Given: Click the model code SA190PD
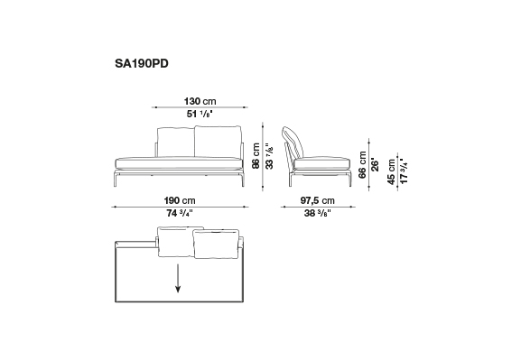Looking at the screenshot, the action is coord(142,63).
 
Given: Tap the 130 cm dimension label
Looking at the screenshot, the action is coord(200,101).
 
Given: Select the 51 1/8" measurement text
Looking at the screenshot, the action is coord(200,114).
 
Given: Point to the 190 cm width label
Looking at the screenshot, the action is coord(180,200).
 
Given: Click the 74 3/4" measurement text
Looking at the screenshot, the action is coord(180,213).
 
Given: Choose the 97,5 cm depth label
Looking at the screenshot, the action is coord(318,200).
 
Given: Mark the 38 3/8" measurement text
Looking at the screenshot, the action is coord(318,213).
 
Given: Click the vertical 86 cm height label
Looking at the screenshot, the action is coord(256,156).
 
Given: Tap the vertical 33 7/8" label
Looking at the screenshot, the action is coord(269,156).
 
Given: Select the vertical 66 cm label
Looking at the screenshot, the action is coord(362,165).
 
